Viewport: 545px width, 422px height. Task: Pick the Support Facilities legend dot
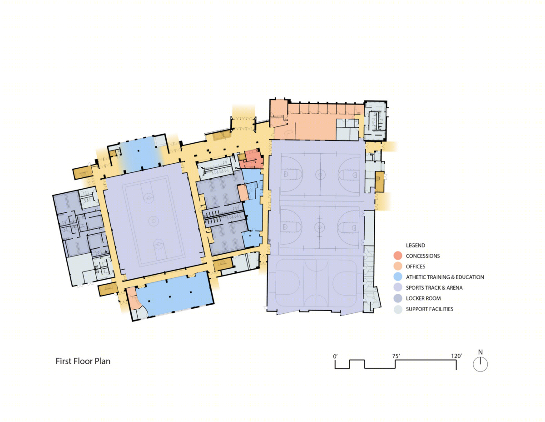[397, 309]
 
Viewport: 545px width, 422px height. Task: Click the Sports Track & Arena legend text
[434, 288]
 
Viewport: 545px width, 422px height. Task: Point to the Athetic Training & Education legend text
[445, 277]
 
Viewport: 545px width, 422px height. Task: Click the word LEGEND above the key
[415, 245]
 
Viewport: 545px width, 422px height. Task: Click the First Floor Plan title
[83, 361]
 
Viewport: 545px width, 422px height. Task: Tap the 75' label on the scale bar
[396, 356]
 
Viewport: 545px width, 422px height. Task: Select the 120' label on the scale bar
[456, 356]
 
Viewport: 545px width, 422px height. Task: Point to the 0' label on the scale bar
[335, 356]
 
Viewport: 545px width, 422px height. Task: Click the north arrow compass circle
[481, 364]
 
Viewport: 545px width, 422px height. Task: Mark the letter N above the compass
[481, 352]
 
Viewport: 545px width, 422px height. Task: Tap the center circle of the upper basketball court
[320, 175]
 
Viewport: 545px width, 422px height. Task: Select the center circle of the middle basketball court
[319, 227]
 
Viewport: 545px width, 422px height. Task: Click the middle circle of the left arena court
[154, 221]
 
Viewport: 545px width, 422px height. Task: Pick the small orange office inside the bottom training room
[132, 298]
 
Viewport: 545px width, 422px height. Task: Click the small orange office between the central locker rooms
[243, 192]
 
